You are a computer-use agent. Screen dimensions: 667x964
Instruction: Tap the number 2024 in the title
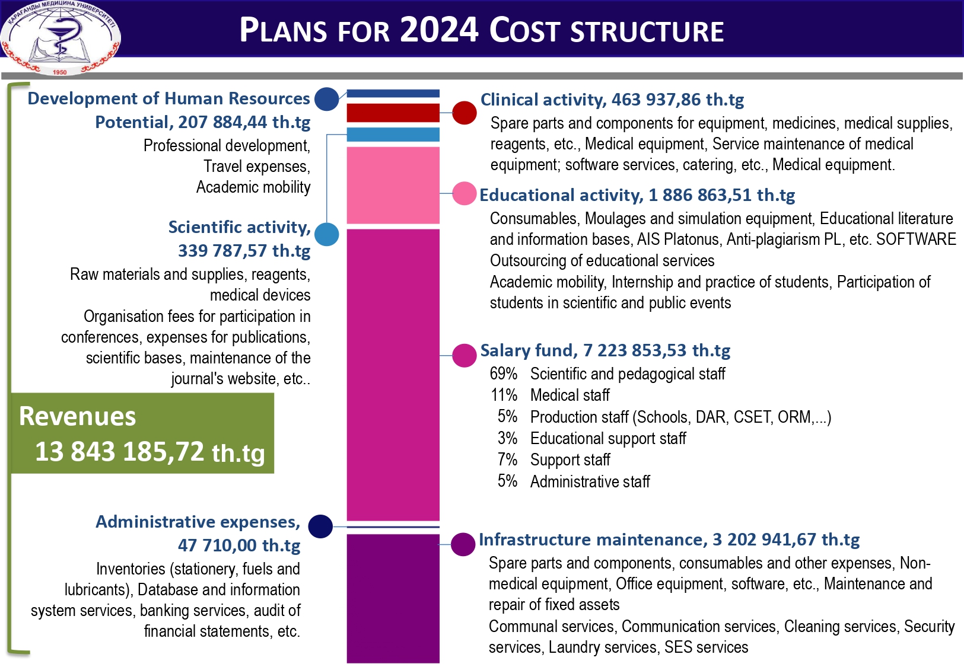[x=439, y=30]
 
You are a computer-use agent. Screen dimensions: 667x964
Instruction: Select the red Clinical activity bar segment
[x=393, y=112]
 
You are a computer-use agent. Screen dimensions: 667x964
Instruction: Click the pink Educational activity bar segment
[x=393, y=185]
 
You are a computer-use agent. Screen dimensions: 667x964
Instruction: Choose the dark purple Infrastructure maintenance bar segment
[x=393, y=598]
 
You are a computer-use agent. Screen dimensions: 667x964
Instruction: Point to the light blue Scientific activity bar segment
[x=393, y=135]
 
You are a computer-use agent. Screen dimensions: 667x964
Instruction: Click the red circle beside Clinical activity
[x=464, y=113]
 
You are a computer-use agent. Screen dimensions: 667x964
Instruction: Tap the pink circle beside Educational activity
[x=464, y=193]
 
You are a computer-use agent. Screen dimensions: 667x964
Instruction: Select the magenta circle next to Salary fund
[x=464, y=355]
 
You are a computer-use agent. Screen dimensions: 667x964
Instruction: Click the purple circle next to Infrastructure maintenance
[x=463, y=544]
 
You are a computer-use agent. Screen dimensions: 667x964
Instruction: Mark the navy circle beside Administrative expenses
[x=320, y=526]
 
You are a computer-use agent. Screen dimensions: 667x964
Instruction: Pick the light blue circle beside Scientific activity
[x=326, y=234]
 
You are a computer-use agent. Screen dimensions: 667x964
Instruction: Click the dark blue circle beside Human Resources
[x=326, y=99]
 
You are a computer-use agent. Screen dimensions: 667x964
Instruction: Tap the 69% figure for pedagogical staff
[x=504, y=374]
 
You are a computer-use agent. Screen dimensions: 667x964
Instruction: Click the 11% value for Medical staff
[x=504, y=395]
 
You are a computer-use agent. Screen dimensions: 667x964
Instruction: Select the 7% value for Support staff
[x=507, y=459]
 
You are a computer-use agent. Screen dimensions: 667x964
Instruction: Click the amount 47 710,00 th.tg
[x=239, y=545]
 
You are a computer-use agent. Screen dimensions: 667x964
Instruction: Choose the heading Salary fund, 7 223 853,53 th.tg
[x=605, y=350]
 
